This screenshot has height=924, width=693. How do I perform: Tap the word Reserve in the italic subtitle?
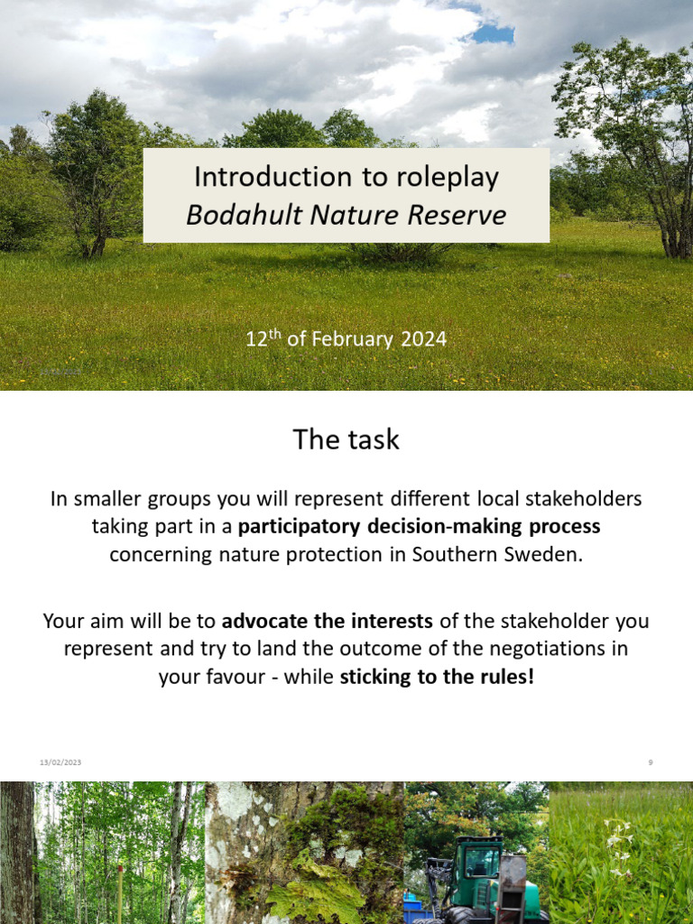[460, 216]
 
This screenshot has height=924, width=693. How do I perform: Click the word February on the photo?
[351, 340]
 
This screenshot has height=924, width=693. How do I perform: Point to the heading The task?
[346, 439]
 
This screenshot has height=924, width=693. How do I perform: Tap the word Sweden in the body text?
[543, 554]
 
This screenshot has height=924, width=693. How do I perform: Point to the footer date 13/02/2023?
[60, 762]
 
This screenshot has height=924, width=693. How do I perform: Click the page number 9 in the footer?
[650, 762]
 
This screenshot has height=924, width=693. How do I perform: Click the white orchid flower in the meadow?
[618, 844]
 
